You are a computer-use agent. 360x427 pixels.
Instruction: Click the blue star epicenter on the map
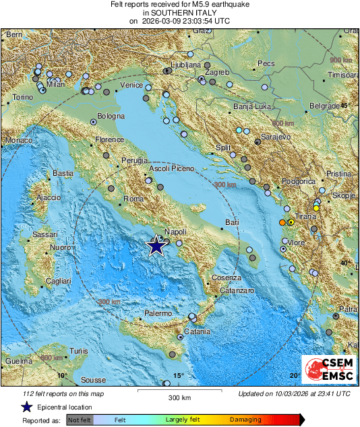point(156,246)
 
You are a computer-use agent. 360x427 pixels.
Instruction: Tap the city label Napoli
point(175,230)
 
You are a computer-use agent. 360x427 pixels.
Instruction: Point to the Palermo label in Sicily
point(159,314)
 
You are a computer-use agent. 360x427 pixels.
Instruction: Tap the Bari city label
point(232,222)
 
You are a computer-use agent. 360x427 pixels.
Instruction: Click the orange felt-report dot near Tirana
point(282,222)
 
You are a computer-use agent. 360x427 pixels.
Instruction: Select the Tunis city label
point(79,352)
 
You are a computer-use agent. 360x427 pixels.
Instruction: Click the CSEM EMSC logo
point(328,371)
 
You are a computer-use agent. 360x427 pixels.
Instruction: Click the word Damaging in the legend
point(246,419)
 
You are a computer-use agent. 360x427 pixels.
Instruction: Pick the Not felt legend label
point(80,419)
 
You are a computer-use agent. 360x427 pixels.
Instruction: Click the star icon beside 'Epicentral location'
point(26,407)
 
